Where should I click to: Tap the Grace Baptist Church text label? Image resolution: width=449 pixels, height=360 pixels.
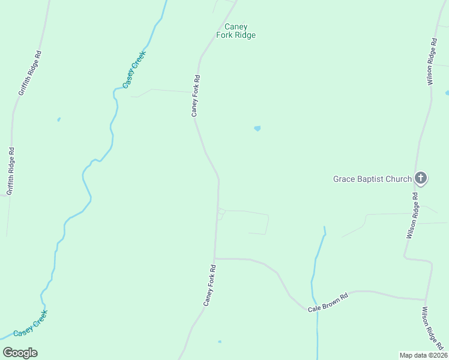pyautogui.click(x=373, y=179)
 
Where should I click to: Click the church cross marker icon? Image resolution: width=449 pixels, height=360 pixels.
pyautogui.click(x=421, y=178)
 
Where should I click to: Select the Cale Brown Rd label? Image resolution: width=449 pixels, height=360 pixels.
pyautogui.click(x=328, y=302)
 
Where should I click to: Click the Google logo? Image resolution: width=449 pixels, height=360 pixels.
pyautogui.click(x=20, y=353)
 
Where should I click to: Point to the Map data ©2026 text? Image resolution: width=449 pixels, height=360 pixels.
pyautogui.click(x=423, y=355)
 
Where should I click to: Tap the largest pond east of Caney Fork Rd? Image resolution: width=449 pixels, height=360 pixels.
pyautogui.click(x=258, y=128)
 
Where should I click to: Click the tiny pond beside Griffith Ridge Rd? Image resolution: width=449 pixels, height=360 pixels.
pyautogui.click(x=59, y=119)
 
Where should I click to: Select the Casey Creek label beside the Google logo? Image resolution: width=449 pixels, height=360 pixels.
pyautogui.click(x=30, y=324)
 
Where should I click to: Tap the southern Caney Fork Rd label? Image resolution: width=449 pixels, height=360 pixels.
pyautogui.click(x=209, y=286)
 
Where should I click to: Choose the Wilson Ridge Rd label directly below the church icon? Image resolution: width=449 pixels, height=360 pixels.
pyautogui.click(x=412, y=216)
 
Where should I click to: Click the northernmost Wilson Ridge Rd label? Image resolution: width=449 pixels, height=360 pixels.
pyautogui.click(x=431, y=62)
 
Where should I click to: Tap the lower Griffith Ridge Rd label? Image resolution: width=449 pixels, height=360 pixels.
pyautogui.click(x=10, y=170)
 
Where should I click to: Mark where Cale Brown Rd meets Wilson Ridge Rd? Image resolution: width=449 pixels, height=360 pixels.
pyautogui.click(x=426, y=299)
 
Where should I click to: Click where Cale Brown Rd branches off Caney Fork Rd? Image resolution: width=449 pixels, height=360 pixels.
pyautogui.click(x=215, y=259)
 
